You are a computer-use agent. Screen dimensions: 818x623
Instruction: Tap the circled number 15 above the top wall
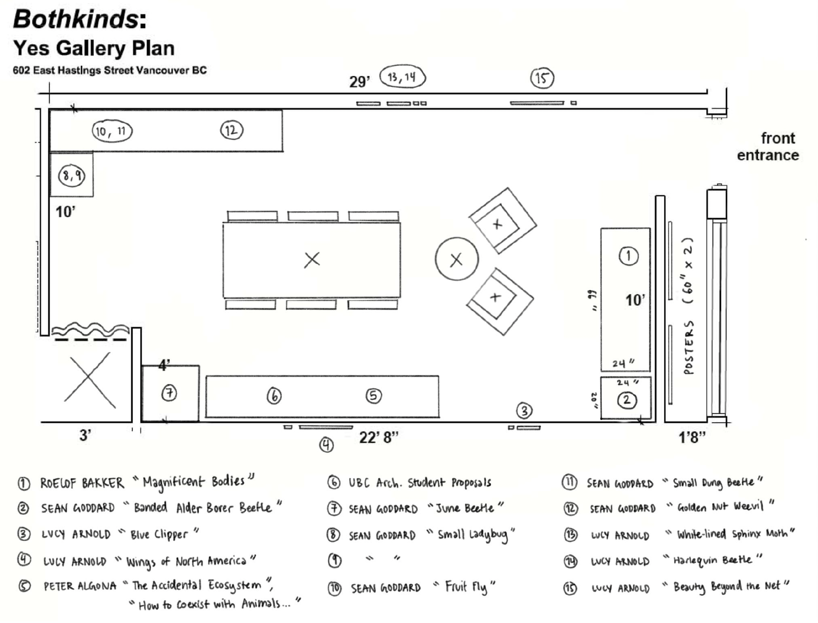point(542,78)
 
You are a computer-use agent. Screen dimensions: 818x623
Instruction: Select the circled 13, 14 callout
point(402,77)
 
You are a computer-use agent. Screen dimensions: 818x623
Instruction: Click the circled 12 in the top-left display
point(231,130)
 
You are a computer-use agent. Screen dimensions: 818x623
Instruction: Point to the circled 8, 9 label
point(72,176)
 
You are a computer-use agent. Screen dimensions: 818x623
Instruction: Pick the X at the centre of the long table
point(312,260)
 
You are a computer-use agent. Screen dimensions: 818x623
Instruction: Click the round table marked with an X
point(456,259)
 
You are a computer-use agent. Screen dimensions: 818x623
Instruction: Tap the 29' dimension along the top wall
point(359,82)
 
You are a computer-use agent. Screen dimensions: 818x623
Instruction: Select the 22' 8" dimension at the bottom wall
point(378,437)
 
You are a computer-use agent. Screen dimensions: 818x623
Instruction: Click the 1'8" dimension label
point(692,437)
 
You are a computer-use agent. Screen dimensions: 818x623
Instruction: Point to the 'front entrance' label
point(768,147)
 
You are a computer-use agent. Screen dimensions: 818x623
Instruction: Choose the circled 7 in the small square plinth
point(169,393)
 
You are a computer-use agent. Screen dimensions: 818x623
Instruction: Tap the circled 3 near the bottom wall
point(524,411)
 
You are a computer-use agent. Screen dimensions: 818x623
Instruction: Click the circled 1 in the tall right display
point(628,256)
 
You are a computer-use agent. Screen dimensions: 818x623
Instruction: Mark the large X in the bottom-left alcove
point(90,380)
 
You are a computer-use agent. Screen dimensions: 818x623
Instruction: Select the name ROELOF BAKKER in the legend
point(82,483)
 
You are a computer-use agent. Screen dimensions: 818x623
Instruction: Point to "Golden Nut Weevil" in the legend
point(720,507)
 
